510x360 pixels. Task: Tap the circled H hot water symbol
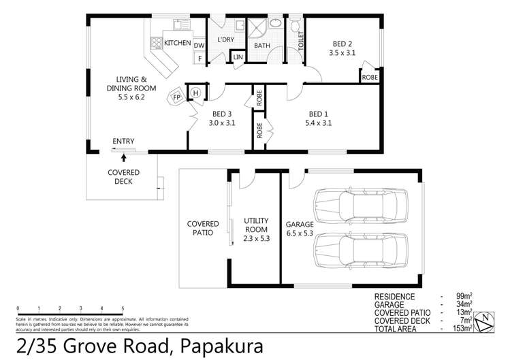point(195,93)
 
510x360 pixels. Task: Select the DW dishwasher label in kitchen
point(199,45)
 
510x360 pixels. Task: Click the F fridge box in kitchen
point(199,59)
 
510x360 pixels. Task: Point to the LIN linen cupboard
point(238,57)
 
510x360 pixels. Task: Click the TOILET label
point(300,42)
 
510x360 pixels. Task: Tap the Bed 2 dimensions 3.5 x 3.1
point(342,52)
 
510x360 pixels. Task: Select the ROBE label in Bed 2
point(370,76)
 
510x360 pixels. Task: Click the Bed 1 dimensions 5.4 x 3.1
point(321,124)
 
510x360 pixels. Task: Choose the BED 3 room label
point(222,114)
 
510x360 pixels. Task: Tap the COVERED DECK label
point(123,177)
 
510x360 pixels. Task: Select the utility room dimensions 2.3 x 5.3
point(257,239)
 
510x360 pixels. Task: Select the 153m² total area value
point(465,328)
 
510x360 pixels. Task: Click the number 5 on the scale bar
point(123,308)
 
